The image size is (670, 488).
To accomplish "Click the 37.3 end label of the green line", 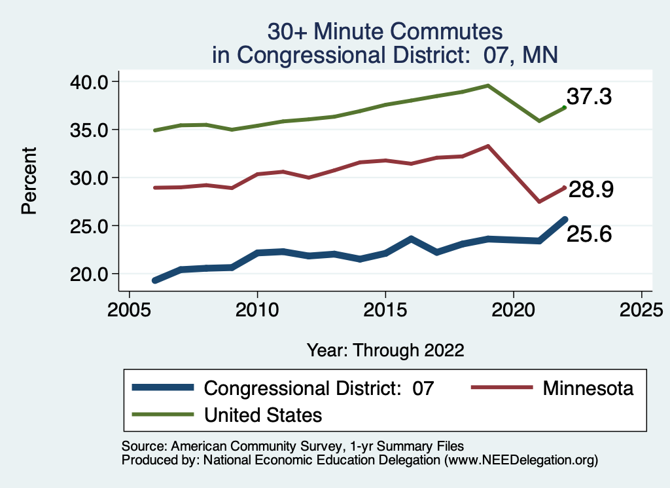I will tap(589, 97).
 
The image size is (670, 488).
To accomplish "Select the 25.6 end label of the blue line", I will tap(589, 233).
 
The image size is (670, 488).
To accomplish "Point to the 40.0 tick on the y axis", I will tap(90, 82).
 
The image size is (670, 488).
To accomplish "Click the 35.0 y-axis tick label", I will tap(90, 130).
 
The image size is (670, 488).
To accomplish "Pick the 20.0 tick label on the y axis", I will tap(90, 274).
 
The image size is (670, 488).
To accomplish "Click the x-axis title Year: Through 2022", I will tap(385, 350).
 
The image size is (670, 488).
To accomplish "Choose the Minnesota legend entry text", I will tap(588, 388).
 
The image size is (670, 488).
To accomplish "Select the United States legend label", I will tap(263, 415).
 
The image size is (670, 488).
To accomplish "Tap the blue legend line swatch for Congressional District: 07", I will tap(163, 388).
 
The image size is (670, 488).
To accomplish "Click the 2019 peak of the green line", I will tap(488, 85).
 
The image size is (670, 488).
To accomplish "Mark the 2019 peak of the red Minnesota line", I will tap(488, 146).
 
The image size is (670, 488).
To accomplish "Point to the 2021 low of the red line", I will tap(539, 202).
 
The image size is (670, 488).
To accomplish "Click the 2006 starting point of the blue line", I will tap(155, 280).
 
